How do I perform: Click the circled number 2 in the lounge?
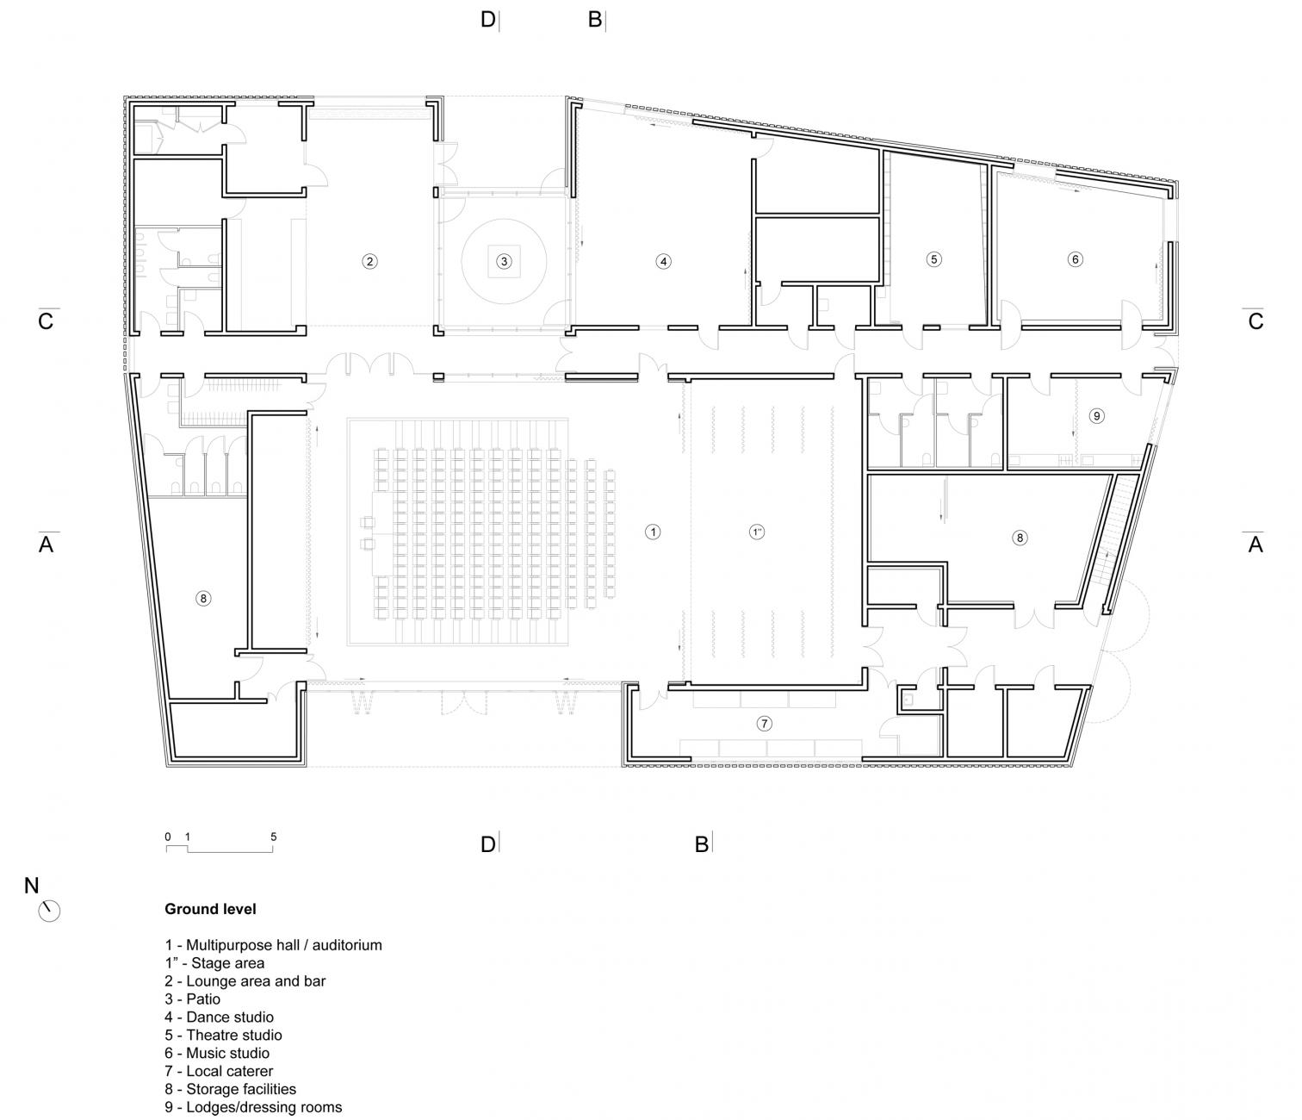[369, 261]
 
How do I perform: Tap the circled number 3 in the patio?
[505, 261]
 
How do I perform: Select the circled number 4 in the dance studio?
[662, 261]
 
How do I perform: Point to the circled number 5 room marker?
[934, 258]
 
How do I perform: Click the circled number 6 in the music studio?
[1074, 258]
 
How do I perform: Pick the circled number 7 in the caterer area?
[764, 724]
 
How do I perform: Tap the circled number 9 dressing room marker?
[1096, 416]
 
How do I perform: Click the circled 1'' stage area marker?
[758, 532]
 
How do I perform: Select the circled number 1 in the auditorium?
[653, 532]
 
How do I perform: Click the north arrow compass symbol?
[50, 910]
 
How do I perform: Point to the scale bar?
[220, 849]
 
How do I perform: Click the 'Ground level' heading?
[210, 909]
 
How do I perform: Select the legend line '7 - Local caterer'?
[219, 1071]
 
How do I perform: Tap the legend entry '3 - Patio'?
[192, 999]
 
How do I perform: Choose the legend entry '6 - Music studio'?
[217, 1053]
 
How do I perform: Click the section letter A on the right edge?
[1255, 544]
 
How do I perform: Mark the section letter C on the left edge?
[46, 321]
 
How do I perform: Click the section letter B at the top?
[594, 19]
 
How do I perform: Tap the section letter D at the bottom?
[487, 844]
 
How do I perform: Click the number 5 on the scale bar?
[274, 837]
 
